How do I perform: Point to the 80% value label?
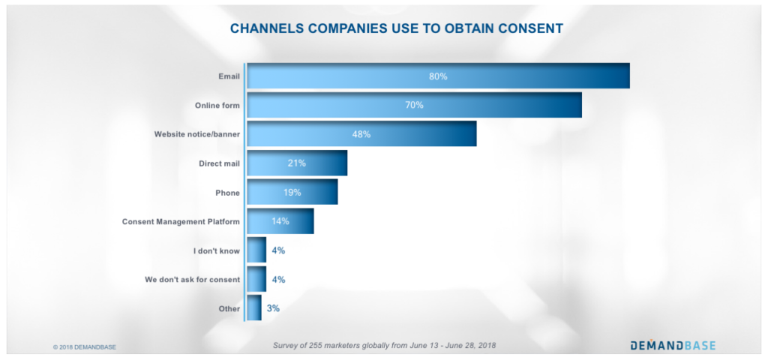tap(438, 76)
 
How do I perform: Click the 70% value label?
tap(414, 105)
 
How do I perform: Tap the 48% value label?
tap(361, 134)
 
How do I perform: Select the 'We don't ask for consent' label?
tap(192, 280)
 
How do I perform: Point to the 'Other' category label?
tap(228, 308)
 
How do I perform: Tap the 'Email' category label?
tap(228, 76)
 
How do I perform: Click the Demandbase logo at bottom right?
tap(672, 345)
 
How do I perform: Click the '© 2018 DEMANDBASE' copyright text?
tap(84, 347)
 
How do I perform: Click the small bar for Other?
tap(254, 308)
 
